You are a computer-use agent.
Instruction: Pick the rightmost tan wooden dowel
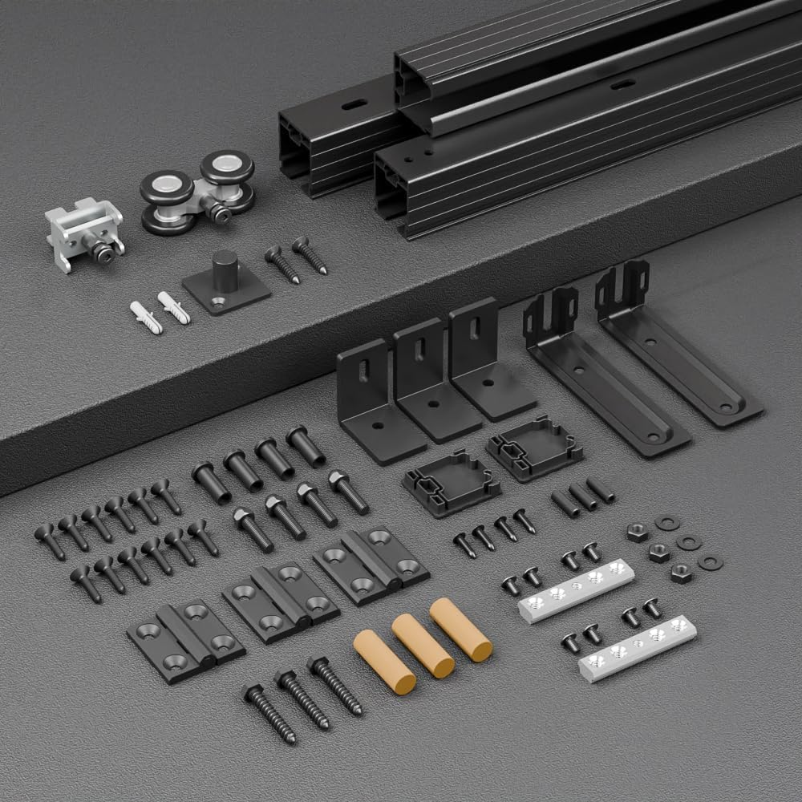(x=460, y=629)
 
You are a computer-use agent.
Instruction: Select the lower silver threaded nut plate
(x=637, y=646)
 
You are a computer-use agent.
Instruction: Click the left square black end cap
(x=450, y=481)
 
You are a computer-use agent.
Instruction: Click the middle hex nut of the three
(x=659, y=553)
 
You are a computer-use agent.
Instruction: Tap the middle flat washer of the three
(x=688, y=542)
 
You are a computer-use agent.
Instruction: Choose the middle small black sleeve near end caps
(x=583, y=496)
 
